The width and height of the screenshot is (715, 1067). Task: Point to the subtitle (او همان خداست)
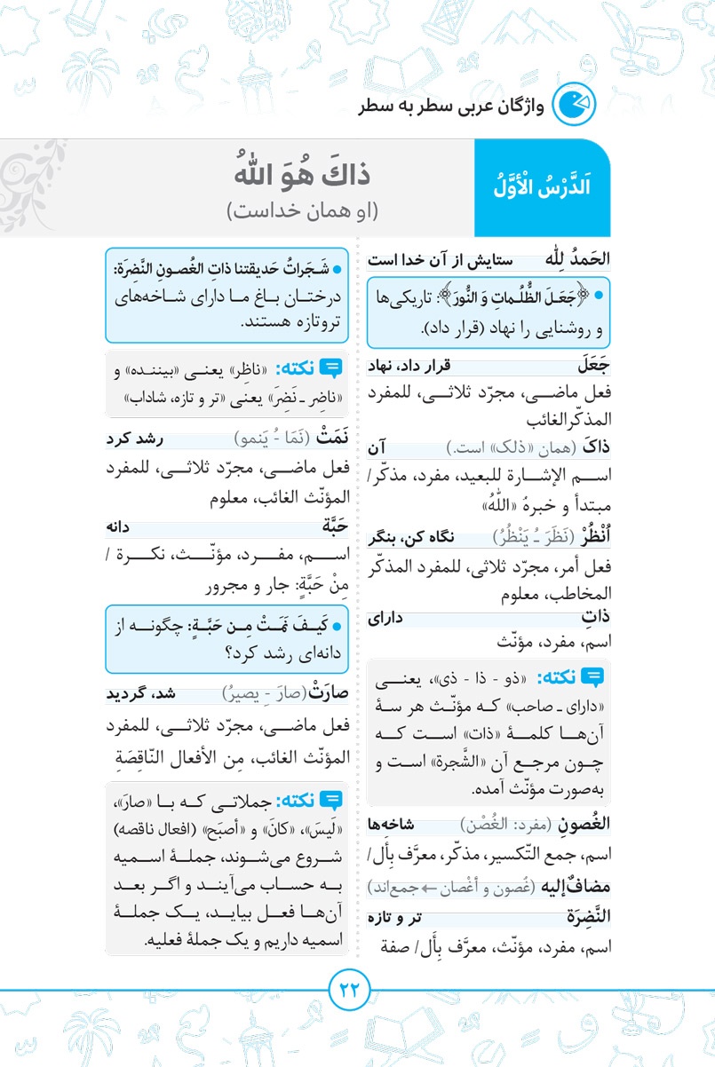tap(303, 211)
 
